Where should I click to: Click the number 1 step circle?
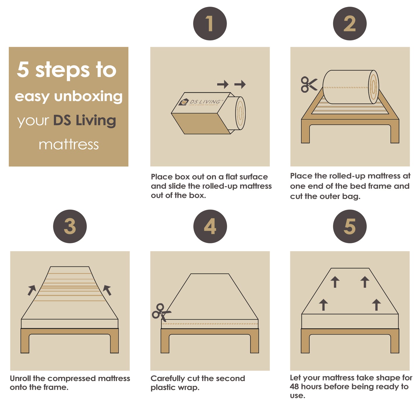210,24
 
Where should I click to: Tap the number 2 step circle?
350,24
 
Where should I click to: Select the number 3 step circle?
70,226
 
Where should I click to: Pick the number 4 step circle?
210,226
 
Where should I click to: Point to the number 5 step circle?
350,226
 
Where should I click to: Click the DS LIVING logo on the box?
201,102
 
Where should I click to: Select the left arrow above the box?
223,84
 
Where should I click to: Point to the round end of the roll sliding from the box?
240,113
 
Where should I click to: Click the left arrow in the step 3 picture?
32,290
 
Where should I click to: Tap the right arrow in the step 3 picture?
107,290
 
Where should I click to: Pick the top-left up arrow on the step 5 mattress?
335,282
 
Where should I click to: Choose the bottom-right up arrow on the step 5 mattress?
376,305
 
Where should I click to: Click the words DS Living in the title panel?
85,121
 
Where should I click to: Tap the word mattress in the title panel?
69,144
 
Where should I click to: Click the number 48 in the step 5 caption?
294,387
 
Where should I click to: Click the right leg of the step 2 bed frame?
395,134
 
